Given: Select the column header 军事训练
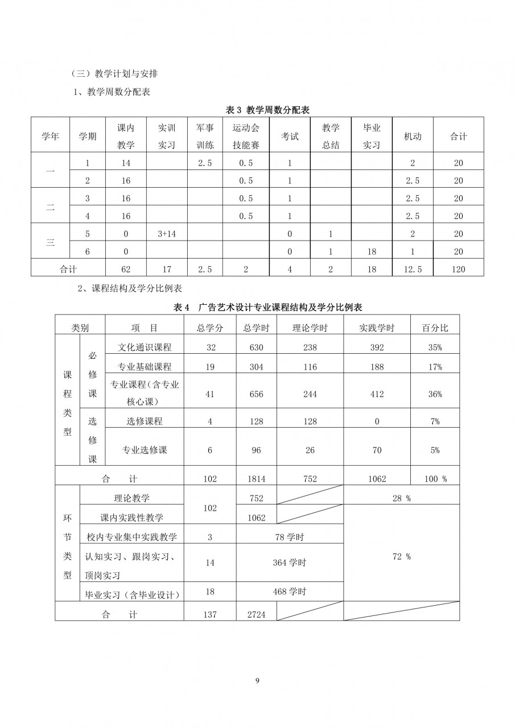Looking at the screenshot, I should [x=205, y=136].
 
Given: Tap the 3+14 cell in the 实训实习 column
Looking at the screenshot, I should [x=167, y=234].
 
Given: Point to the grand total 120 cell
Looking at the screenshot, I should [x=459, y=270].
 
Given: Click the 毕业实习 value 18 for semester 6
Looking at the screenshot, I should [x=372, y=251].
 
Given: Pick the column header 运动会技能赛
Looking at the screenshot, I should [x=246, y=136].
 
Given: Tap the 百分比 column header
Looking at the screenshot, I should [x=435, y=328].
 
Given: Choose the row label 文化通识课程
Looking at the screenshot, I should [x=144, y=348].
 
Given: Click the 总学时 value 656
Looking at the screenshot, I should [x=257, y=394].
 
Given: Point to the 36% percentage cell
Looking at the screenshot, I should [x=435, y=394].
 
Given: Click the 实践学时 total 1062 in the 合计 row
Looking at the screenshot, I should [x=377, y=479].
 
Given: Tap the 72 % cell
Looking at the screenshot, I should [x=401, y=557].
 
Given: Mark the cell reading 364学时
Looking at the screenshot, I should [x=290, y=562].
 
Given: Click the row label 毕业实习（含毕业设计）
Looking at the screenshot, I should [x=132, y=595].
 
